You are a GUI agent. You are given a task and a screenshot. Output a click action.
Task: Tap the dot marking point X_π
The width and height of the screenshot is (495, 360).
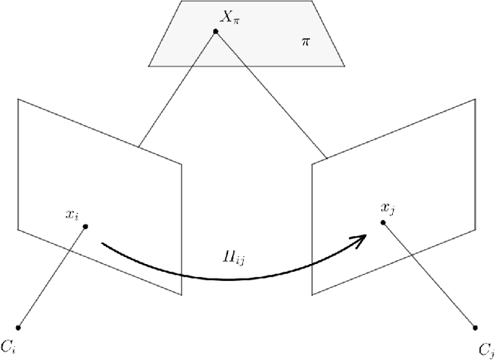click(x=217, y=30)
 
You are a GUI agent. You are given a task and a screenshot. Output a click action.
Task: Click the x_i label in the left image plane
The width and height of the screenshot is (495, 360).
click(x=73, y=214)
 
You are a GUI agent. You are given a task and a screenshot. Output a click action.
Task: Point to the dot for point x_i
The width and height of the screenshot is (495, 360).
click(x=85, y=226)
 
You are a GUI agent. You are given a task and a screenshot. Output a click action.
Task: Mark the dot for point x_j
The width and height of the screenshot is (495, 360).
click(x=382, y=222)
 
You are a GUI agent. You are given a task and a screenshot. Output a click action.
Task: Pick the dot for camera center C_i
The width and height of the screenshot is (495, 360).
click(x=18, y=324)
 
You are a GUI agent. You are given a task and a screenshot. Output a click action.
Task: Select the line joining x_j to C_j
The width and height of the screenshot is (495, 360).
click(x=429, y=274)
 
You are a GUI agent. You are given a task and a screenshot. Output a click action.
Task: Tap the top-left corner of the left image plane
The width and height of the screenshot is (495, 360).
click(x=18, y=99)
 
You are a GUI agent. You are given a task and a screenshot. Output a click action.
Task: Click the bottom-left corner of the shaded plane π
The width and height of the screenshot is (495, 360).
click(x=148, y=64)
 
